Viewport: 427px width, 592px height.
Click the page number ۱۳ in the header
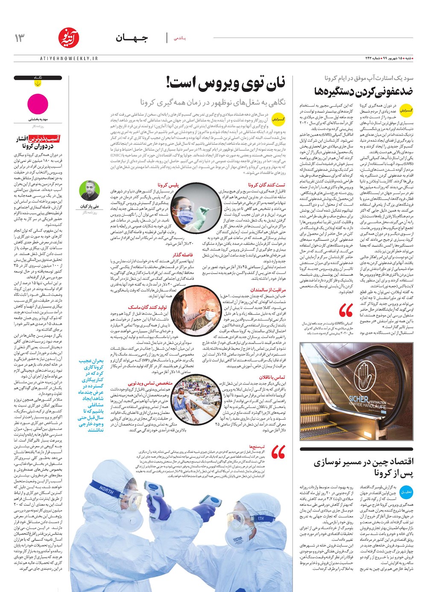click(x=20, y=38)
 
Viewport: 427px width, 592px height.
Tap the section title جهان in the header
click(x=132, y=38)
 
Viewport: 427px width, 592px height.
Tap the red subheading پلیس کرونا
click(x=168, y=185)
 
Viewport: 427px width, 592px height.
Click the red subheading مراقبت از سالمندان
click(x=268, y=290)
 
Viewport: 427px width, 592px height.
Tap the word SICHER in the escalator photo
click(x=358, y=400)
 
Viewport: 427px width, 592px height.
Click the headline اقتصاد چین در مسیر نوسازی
click(x=363, y=462)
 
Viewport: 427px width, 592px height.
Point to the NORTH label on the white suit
click(x=106, y=490)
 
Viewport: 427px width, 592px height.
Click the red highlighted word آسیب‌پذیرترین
click(x=44, y=138)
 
